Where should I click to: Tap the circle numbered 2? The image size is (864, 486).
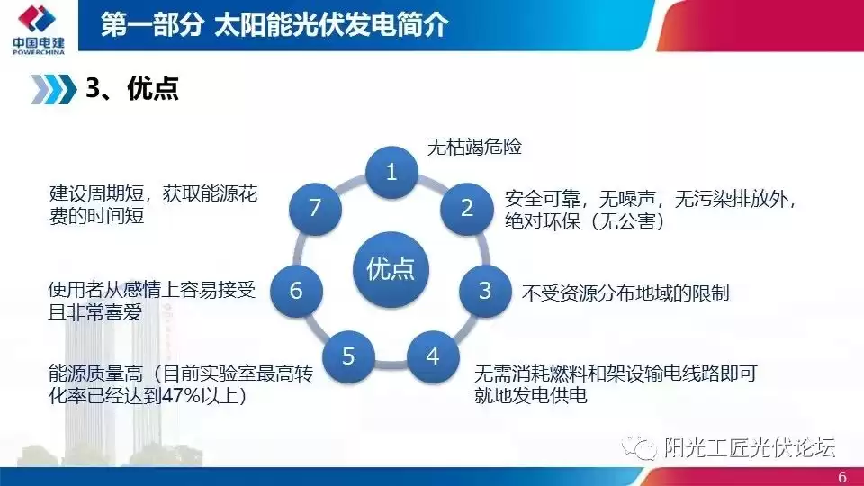coord(467,208)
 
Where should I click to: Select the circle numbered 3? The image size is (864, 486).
coord(485,290)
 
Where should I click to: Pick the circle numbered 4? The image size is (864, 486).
coord(433,355)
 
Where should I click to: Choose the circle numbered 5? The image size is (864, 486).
coord(349,355)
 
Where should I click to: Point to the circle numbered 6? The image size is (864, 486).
coord(296,290)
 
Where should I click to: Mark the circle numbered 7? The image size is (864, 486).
coord(315,208)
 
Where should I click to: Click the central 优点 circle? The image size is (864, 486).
coord(391,268)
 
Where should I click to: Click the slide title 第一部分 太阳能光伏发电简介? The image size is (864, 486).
coord(274,24)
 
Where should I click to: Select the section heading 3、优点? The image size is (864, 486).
coord(131,88)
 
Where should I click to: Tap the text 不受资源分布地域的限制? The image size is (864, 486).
coord(625,292)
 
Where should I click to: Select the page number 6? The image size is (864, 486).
coord(842,475)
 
